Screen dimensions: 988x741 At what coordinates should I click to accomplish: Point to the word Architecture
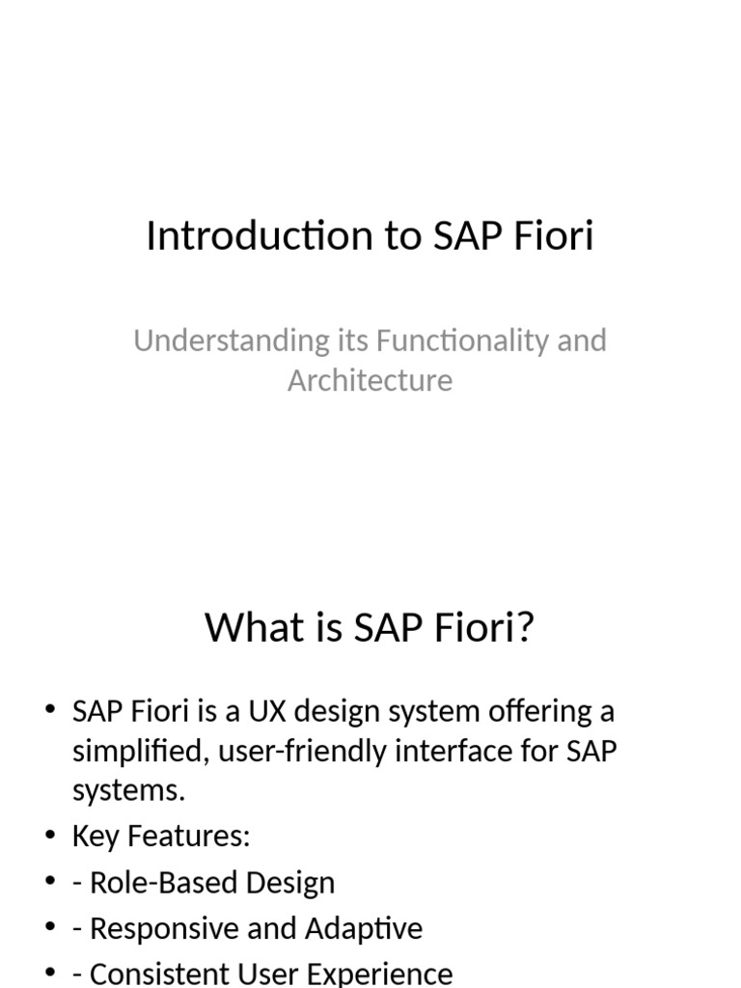[370, 380]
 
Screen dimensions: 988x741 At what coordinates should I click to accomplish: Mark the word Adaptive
[364, 929]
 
